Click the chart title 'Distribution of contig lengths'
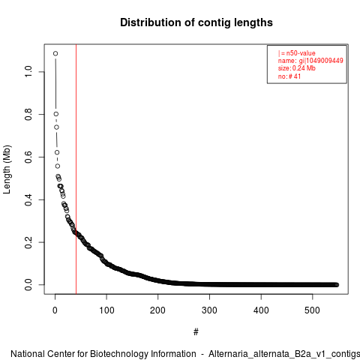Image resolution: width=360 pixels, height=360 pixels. (196, 22)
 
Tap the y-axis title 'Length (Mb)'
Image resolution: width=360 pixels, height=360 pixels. (7, 169)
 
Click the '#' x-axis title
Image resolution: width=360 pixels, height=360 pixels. (196, 332)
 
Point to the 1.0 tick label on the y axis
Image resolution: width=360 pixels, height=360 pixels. (28, 72)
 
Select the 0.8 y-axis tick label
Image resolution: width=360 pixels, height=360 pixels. (28, 114)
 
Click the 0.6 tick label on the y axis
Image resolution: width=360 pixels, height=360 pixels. (28, 157)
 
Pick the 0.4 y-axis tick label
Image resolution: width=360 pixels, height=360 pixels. (28, 199)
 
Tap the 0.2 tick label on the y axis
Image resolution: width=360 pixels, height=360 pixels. (28, 242)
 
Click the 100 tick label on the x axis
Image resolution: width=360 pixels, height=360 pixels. (106, 310)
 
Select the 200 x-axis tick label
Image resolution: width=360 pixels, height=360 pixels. (157, 310)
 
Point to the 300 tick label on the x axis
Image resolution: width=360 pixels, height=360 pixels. (209, 310)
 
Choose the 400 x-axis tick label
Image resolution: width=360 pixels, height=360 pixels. (261, 310)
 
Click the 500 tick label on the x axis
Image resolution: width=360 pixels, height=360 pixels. (312, 310)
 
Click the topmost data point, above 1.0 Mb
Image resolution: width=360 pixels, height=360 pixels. (55, 53)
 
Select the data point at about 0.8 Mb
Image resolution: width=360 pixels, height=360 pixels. (56, 114)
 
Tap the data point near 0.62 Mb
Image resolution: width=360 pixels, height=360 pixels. (57, 152)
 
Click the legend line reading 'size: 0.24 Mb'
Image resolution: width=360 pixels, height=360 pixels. (297, 68)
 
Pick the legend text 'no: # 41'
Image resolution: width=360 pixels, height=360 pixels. (289, 76)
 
